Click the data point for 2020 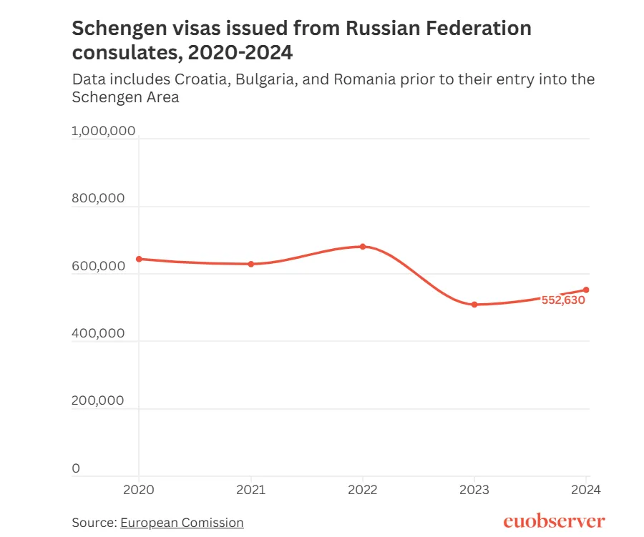[x=139, y=259]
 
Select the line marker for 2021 [x=251, y=264]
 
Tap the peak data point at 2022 [x=363, y=247]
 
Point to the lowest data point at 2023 [x=474, y=305]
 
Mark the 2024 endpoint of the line [x=586, y=290]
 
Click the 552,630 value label [x=563, y=300]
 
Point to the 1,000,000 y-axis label [x=104, y=131]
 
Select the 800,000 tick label [x=99, y=199]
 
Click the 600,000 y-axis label [x=99, y=266]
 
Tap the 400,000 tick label [x=99, y=333]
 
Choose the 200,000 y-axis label [x=99, y=400]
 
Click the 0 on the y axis [x=76, y=468]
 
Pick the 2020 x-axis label [x=139, y=491]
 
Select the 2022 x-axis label [x=363, y=491]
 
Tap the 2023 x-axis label [x=474, y=491]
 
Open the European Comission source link [x=182, y=523]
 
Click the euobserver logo [x=554, y=521]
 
